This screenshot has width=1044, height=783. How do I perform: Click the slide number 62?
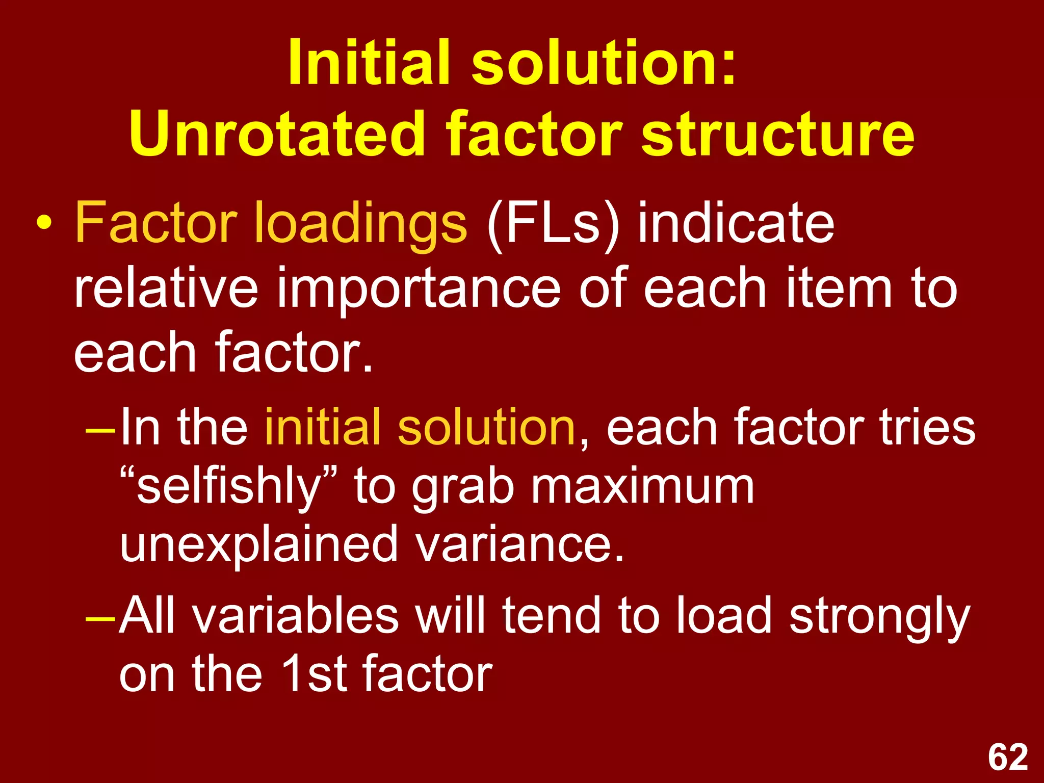1008,758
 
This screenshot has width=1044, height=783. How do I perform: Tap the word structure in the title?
777,134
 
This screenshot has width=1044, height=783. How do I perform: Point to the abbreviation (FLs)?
554,224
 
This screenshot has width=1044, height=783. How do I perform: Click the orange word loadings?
360,224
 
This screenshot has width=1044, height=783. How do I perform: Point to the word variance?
519,544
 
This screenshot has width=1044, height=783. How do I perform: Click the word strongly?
879,618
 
